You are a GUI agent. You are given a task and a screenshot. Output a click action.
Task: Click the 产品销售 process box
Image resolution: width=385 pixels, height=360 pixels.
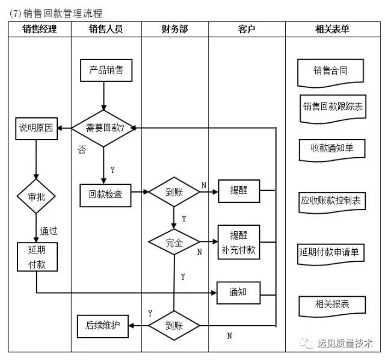click(x=106, y=70)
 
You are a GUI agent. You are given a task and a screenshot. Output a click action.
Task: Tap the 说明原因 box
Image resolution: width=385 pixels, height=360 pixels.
click(x=36, y=128)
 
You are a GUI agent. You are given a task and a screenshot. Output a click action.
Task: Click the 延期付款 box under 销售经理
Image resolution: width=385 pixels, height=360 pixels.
click(x=36, y=256)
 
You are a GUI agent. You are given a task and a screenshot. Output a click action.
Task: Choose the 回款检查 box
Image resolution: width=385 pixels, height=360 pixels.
click(x=105, y=194)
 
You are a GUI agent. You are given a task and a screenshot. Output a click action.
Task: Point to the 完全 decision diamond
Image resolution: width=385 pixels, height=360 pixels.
click(x=174, y=243)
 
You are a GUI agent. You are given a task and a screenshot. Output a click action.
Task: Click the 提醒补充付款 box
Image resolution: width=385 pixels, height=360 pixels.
click(x=238, y=241)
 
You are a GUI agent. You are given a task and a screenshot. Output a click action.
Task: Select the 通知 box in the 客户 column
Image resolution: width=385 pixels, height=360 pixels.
click(x=238, y=293)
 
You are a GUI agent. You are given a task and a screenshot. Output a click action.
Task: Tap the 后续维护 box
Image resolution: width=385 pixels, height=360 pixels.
click(x=103, y=326)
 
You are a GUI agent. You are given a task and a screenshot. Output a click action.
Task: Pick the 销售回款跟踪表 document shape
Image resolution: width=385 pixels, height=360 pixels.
click(x=332, y=107)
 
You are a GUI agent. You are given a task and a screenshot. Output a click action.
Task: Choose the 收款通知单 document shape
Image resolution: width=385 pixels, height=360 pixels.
click(x=331, y=148)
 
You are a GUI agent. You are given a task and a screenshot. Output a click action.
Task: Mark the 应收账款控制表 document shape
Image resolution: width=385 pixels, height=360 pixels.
click(x=332, y=200)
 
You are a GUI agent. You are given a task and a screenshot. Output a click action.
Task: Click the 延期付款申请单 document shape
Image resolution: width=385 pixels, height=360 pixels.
click(x=331, y=252)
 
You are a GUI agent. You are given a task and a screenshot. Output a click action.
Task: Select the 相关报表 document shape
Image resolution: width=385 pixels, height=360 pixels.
click(x=331, y=304)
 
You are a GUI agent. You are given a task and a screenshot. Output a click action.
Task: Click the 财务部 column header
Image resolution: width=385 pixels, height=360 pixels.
click(x=174, y=28)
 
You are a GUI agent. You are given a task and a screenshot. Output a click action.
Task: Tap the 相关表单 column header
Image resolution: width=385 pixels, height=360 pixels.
click(x=331, y=28)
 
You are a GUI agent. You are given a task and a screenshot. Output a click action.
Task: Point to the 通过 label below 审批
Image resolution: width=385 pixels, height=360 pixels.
click(x=49, y=231)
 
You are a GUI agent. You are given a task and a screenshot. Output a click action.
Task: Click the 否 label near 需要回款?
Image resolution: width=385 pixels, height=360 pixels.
click(x=82, y=149)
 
